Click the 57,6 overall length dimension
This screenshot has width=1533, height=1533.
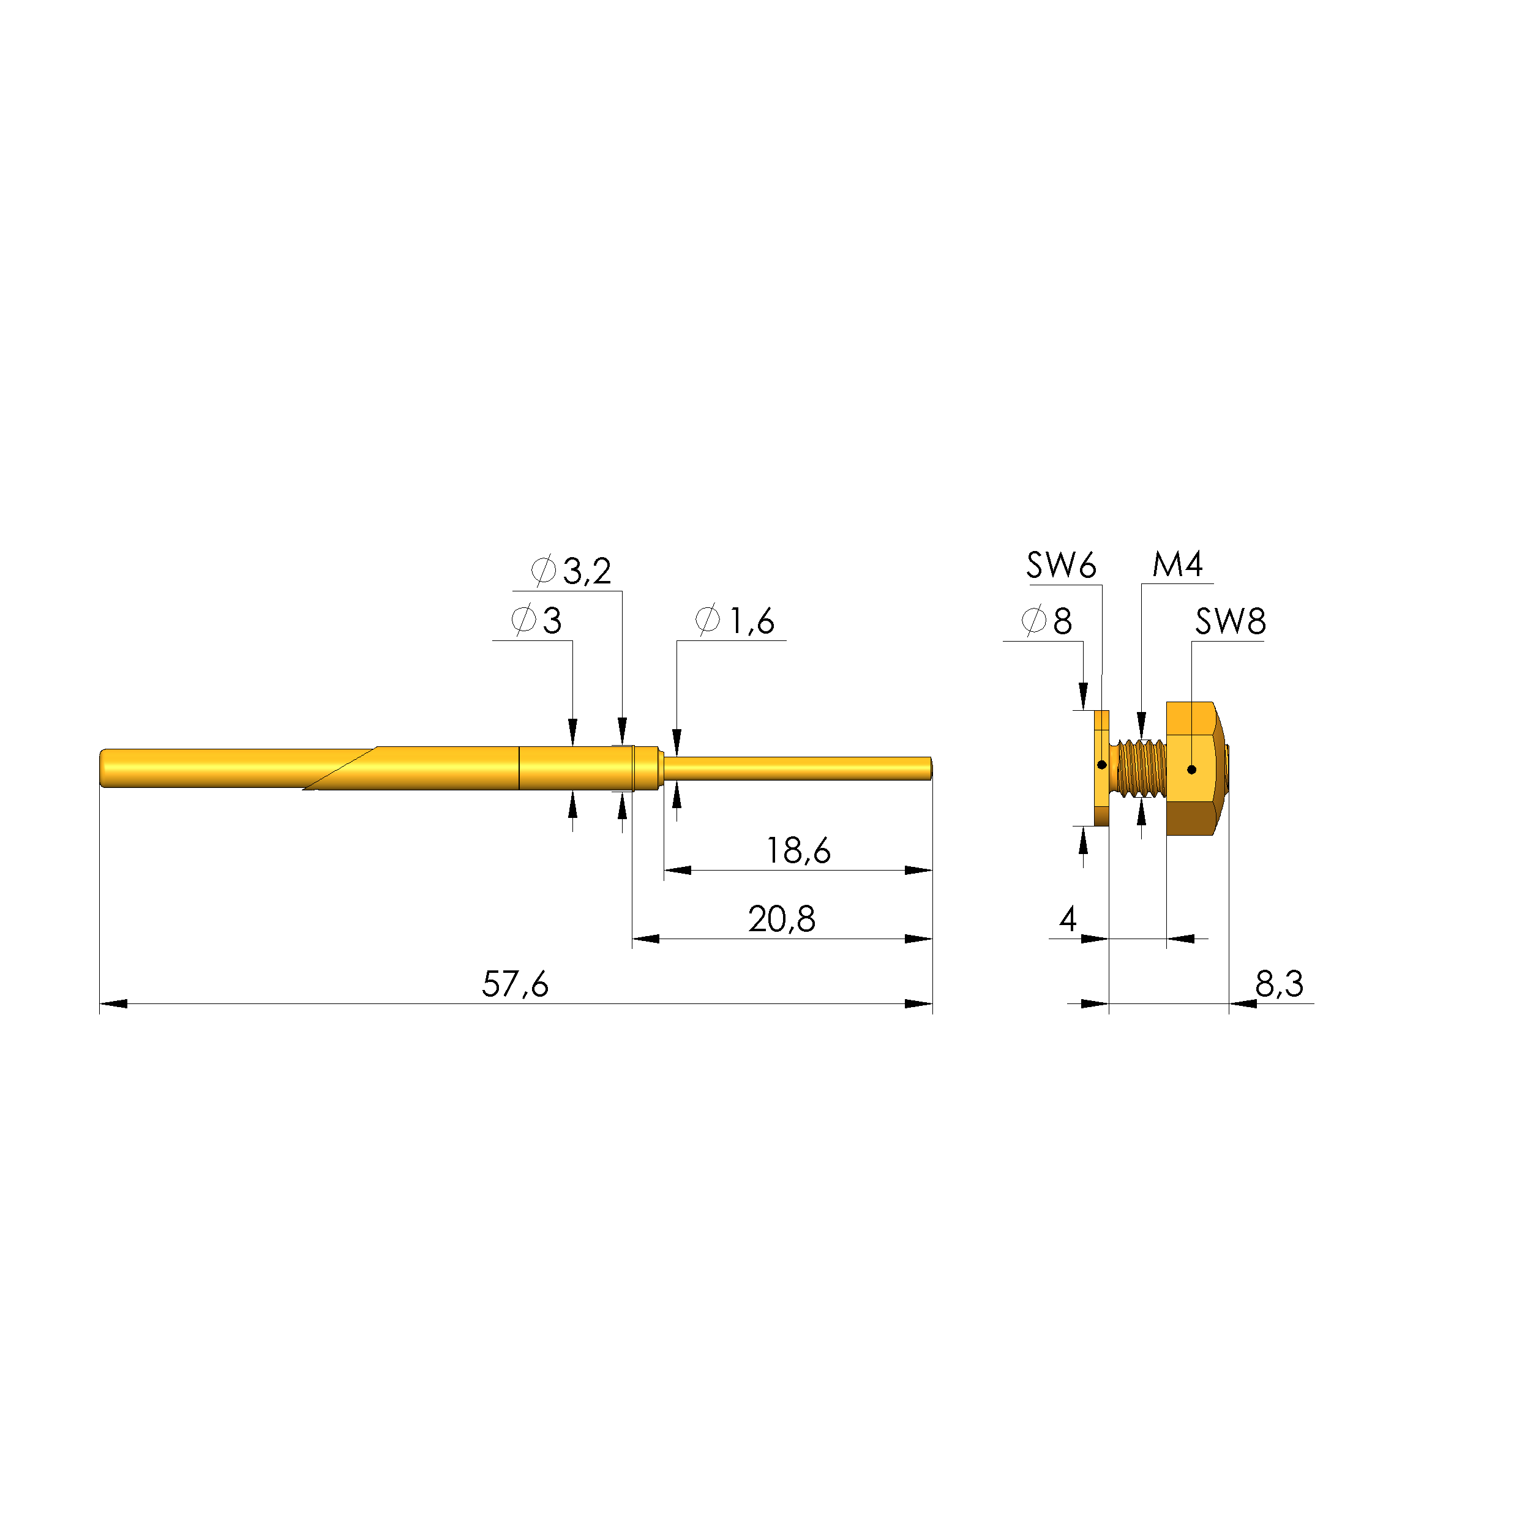pyautogui.click(x=515, y=984)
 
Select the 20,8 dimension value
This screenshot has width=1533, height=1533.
pyautogui.click(x=782, y=919)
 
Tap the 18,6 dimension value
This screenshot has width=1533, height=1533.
pyautogui.click(x=798, y=850)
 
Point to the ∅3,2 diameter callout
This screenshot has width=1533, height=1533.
pyautogui.click(x=571, y=571)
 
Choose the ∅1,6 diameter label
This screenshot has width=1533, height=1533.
pyautogui.click(x=735, y=621)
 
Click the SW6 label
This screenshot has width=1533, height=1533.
pyautogui.click(x=1061, y=565)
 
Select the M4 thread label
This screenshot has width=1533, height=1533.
pyautogui.click(x=1177, y=564)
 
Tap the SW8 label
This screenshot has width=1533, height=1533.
pyautogui.click(x=1231, y=621)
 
